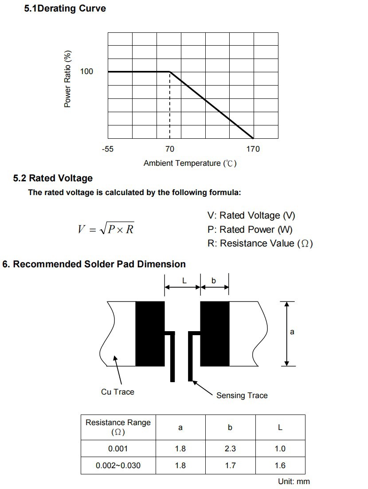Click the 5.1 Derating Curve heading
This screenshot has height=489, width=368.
coord(65,8)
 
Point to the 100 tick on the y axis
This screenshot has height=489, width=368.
coord(86,71)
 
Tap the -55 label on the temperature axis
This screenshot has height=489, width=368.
coord(107,149)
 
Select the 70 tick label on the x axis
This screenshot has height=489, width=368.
coord(169,149)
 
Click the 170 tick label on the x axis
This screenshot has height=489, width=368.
coord(253,149)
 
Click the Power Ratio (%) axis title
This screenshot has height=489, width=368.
coord(68,79)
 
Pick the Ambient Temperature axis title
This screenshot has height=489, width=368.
coord(190,163)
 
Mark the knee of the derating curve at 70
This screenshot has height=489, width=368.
coord(170,71)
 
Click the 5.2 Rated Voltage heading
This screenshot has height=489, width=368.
coord(53,178)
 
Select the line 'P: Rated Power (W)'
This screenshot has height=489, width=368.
coord(250,229)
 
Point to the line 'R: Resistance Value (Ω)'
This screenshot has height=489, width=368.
coord(260,243)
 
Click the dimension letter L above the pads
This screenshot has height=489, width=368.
coord(184,281)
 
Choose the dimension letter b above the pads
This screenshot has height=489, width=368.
coord(214,281)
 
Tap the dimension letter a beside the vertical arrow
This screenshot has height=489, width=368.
coord(292,332)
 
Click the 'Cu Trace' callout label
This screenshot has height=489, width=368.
coord(117,392)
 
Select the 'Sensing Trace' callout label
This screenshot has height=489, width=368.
coord(242,395)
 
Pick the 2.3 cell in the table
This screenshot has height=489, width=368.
coord(230,449)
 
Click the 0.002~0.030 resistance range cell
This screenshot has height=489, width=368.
coord(118,466)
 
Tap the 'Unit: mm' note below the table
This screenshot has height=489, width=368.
coord(294,481)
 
